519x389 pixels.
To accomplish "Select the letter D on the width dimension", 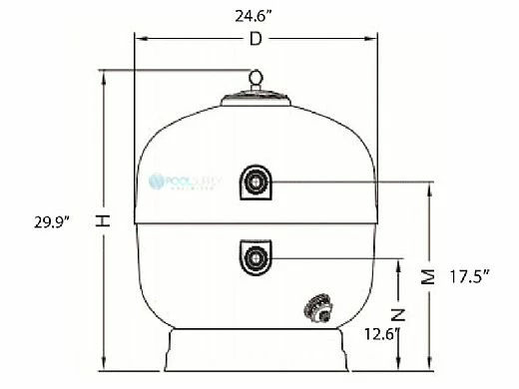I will pos(258,39).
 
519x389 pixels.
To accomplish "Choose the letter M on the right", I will pos(428,275).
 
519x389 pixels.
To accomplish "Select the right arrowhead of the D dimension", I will pos(376,40).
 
